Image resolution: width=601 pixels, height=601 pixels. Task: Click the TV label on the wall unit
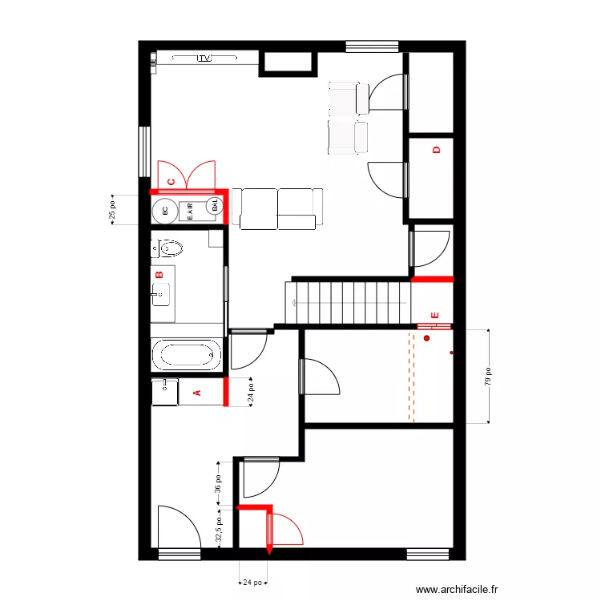pyautogui.click(x=205, y=58)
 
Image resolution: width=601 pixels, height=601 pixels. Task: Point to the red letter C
pyautogui.click(x=171, y=181)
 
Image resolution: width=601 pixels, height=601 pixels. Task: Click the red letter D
pyautogui.click(x=437, y=150)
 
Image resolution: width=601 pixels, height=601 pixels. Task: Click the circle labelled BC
pyautogui.click(x=165, y=211)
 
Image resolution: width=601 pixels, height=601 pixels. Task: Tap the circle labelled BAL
pyautogui.click(x=215, y=207)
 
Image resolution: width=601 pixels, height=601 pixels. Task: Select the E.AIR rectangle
pyautogui.click(x=190, y=211)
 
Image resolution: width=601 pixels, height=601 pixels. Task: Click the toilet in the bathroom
pyautogui.click(x=165, y=248)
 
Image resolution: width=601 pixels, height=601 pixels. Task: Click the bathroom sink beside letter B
pyautogui.click(x=162, y=294)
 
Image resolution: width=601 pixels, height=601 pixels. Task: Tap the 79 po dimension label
pyautogui.click(x=489, y=377)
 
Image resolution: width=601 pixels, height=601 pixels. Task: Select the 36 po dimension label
pyautogui.click(x=218, y=485)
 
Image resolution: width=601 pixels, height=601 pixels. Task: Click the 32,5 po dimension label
pyautogui.click(x=218, y=529)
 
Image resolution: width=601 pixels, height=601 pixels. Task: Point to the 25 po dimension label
pyautogui.click(x=112, y=210)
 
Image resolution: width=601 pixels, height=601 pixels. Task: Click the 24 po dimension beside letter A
pyautogui.click(x=250, y=393)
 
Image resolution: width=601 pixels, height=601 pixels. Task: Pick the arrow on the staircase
pyautogui.click(x=294, y=302)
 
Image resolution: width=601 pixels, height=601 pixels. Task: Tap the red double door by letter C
pyautogui.click(x=188, y=174)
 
